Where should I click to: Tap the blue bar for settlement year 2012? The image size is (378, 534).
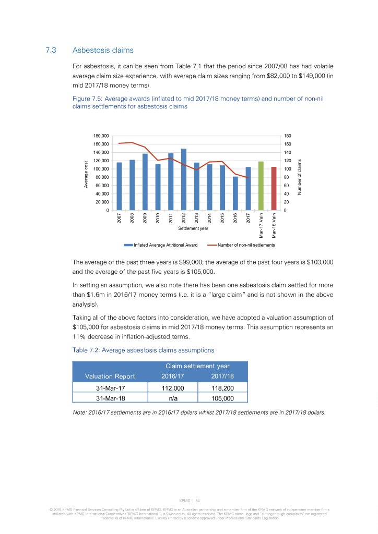(184, 179)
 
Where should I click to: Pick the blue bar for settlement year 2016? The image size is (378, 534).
(235, 193)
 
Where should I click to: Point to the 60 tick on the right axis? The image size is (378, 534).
(286, 186)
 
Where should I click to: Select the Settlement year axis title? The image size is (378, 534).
(193, 228)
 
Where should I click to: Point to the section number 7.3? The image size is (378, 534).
(51, 51)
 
